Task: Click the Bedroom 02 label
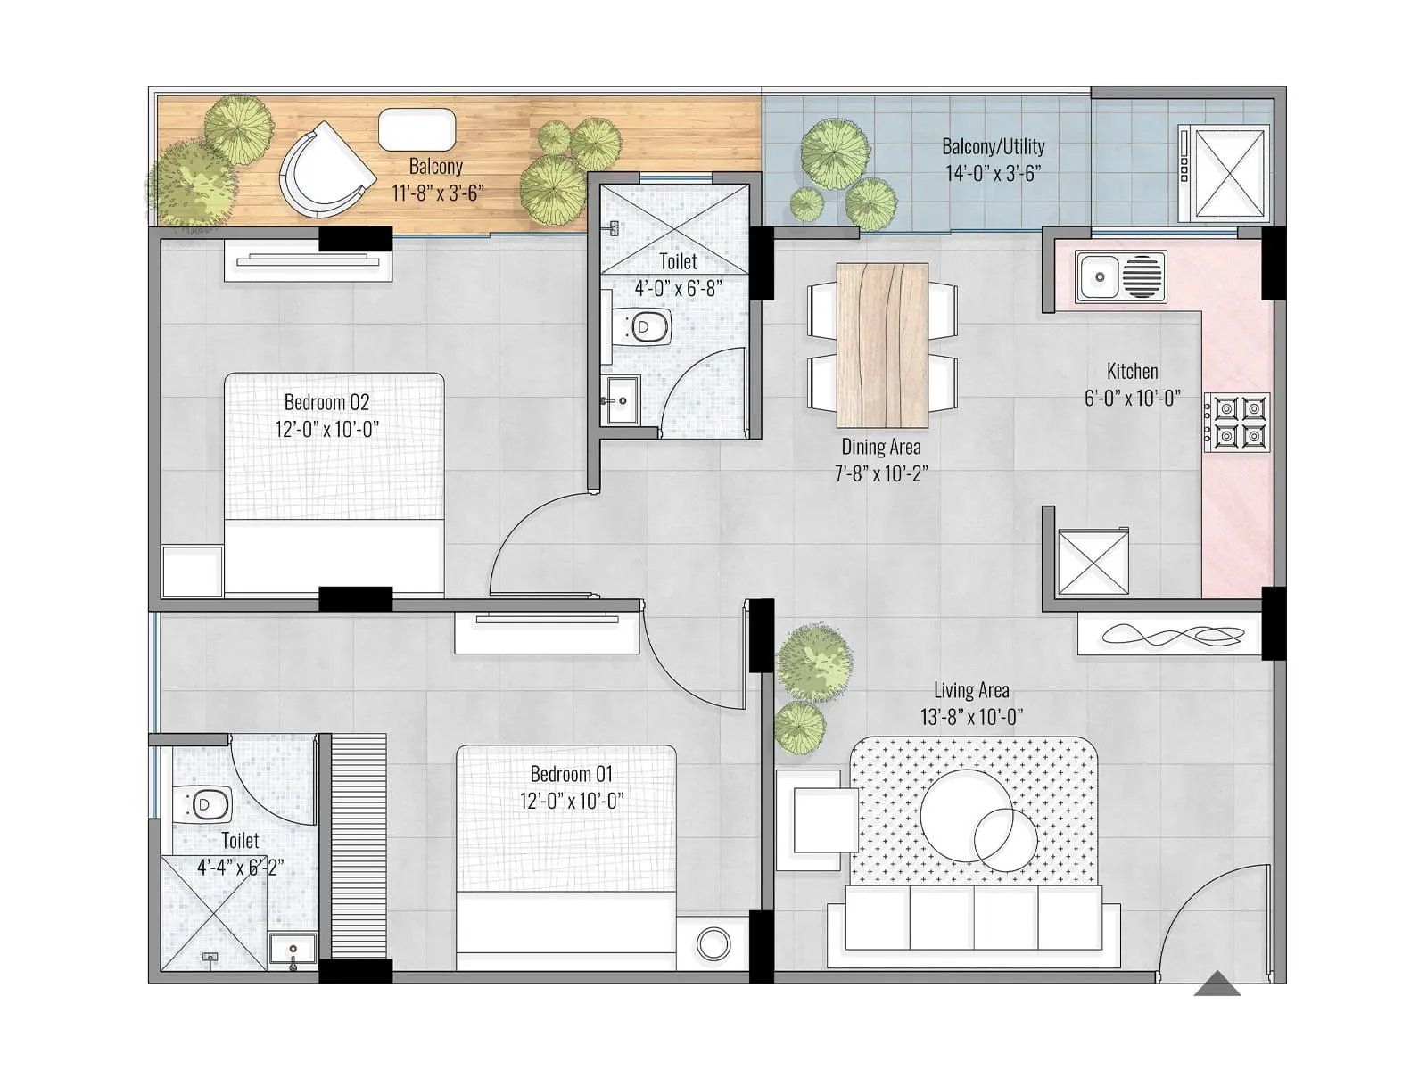[x=326, y=402]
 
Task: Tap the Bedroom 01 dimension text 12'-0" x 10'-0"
[x=571, y=801]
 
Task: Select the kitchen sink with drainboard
[x=1121, y=276]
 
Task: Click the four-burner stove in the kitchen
[x=1239, y=422]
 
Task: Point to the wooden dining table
[x=882, y=345]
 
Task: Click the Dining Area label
[x=881, y=447]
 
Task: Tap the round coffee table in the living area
[x=968, y=816]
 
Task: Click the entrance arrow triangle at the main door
[x=1217, y=984]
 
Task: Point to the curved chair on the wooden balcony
[x=323, y=171]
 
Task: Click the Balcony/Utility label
[x=994, y=146]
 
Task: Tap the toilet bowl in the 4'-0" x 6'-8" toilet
[x=646, y=327]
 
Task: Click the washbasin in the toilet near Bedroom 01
[x=293, y=951]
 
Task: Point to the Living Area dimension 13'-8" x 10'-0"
[x=971, y=716]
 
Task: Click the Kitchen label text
[x=1133, y=371]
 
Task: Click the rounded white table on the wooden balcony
[x=417, y=130]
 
